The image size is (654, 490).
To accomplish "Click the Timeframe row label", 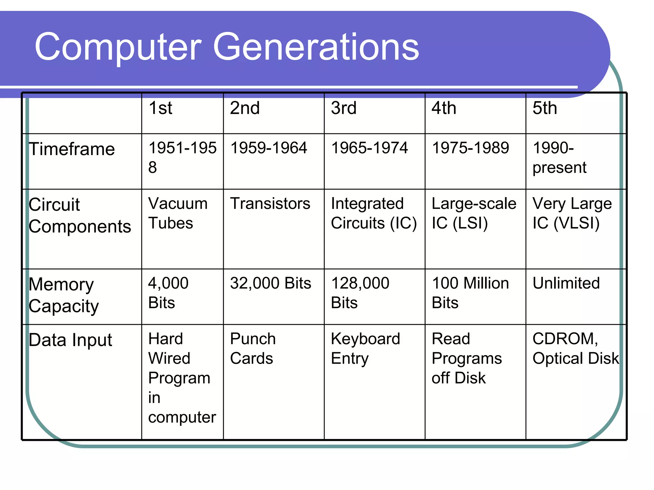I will [72, 149].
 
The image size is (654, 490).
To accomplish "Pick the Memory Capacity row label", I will [64, 295].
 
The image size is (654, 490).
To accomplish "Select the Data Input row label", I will [70, 340].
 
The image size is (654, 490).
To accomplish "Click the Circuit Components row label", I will [80, 215].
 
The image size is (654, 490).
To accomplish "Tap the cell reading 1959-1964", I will [269, 148].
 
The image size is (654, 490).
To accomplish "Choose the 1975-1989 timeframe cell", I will [470, 148].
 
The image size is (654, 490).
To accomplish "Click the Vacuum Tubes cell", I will [178, 213].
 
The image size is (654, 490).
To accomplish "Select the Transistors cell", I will [270, 204].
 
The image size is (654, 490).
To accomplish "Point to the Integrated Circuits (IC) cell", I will [374, 213].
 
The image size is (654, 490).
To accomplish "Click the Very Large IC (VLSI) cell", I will [572, 213].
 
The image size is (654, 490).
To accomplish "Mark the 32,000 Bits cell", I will [270, 283].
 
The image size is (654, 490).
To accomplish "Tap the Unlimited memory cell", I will [566, 283].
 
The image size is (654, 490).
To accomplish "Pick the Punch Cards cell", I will [252, 348].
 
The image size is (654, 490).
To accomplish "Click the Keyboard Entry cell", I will [365, 348].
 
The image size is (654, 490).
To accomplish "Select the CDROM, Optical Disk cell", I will [575, 348].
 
